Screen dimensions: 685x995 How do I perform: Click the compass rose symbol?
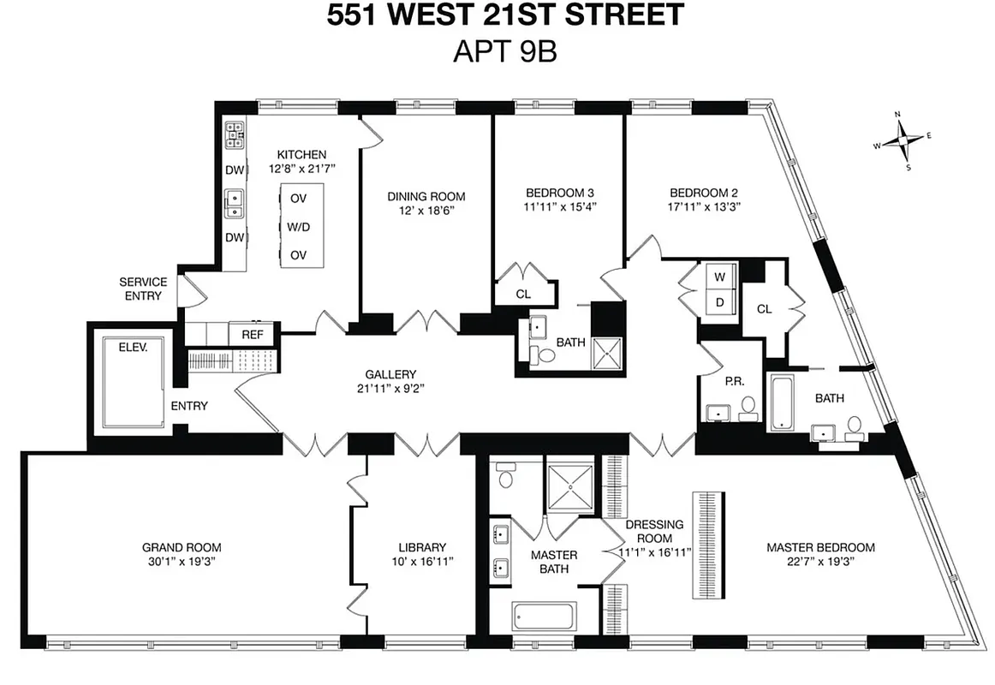(x=903, y=140)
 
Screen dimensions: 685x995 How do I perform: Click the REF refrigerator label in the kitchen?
(x=252, y=335)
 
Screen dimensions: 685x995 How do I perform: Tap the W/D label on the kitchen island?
(x=298, y=227)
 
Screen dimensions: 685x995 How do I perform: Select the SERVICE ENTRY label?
(x=142, y=289)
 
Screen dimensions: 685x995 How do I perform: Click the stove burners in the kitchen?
(x=235, y=133)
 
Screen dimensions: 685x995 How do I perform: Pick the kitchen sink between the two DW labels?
(x=234, y=203)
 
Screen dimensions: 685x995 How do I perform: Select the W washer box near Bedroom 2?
(x=719, y=277)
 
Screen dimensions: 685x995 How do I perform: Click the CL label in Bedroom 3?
(x=523, y=294)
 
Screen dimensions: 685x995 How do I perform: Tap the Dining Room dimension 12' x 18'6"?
(x=426, y=211)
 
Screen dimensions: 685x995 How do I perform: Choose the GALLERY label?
(x=390, y=374)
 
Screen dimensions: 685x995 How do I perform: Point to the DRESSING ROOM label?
(x=654, y=532)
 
